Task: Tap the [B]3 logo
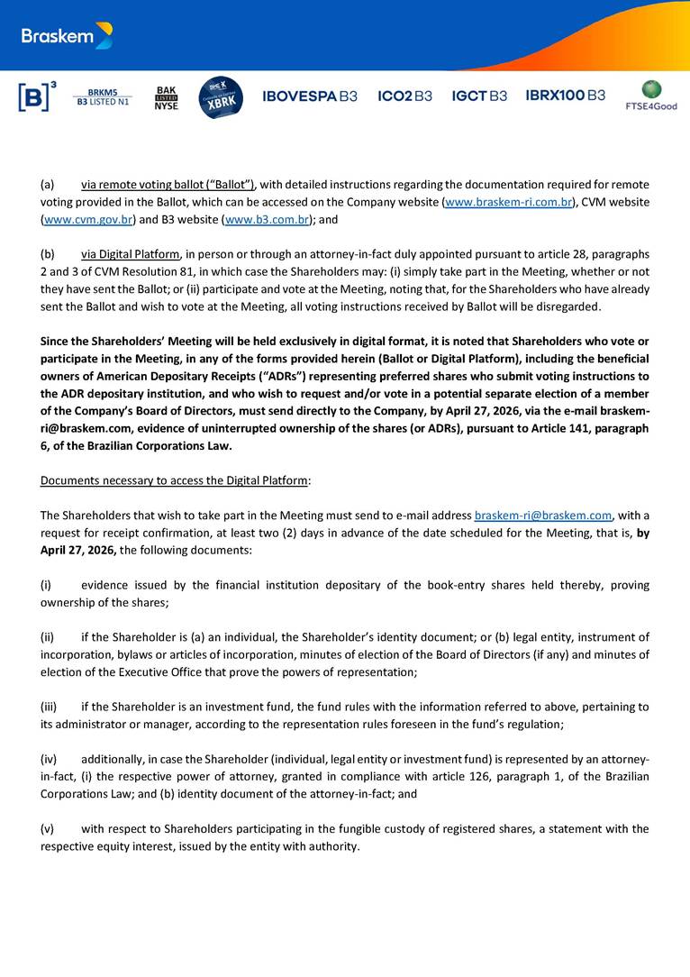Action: click(x=37, y=96)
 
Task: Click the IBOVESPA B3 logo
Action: click(x=310, y=96)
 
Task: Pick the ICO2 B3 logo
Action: click(x=404, y=96)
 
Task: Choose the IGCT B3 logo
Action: click(x=479, y=96)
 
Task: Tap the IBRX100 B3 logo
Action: click(x=565, y=96)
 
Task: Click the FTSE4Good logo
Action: click(x=651, y=96)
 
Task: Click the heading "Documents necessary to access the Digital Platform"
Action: click(x=174, y=480)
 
